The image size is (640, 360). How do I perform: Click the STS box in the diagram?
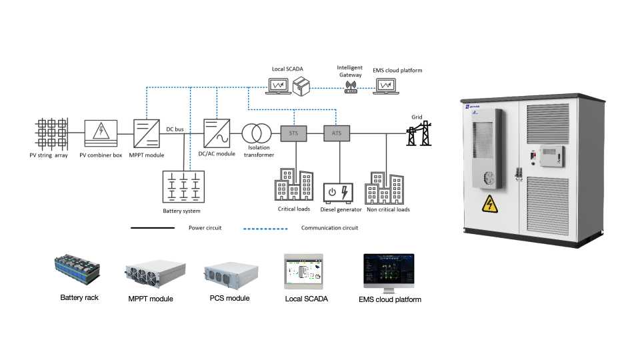[294, 133]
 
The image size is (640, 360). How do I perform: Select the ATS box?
[336, 133]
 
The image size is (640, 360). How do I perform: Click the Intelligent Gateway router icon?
[351, 87]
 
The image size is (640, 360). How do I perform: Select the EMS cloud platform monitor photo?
[389, 273]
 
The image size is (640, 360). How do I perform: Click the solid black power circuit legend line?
[153, 228]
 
